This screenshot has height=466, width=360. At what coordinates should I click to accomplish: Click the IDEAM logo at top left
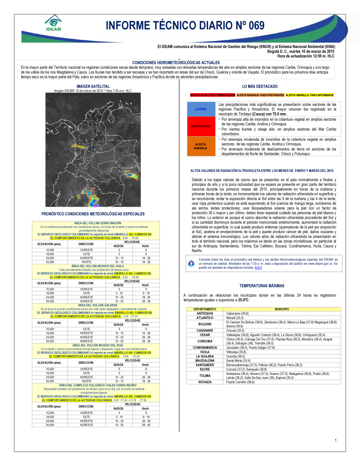coord(54,23)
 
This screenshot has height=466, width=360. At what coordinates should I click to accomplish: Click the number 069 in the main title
coord(256,26)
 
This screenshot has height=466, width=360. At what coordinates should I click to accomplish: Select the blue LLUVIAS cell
coord(201,109)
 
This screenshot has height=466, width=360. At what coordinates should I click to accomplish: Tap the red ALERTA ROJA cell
coord(201,126)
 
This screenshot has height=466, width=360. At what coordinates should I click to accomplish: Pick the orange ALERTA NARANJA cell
coord(201,146)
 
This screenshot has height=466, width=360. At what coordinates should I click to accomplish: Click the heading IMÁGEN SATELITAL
coord(93,86)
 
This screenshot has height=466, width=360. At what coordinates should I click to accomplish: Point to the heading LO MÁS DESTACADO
coord(260,86)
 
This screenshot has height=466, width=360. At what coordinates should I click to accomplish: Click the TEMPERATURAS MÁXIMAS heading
coord(262,286)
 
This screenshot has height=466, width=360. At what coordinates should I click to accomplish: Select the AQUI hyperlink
coord(258,268)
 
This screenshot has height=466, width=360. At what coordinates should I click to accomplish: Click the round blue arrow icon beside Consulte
coord(191,264)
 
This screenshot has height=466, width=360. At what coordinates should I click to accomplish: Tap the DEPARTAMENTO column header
coord(205,309)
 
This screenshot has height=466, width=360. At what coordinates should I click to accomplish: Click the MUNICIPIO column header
coord(282,309)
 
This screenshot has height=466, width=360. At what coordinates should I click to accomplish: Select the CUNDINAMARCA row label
coord(205,348)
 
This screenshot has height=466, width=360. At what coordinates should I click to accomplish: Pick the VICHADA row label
coord(205,382)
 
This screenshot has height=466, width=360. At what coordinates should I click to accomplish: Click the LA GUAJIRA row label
coord(205,357)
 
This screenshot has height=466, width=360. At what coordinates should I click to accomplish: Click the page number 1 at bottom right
coord(336,440)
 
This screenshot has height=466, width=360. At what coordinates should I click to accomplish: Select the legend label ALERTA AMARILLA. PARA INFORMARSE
coord(310,95)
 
